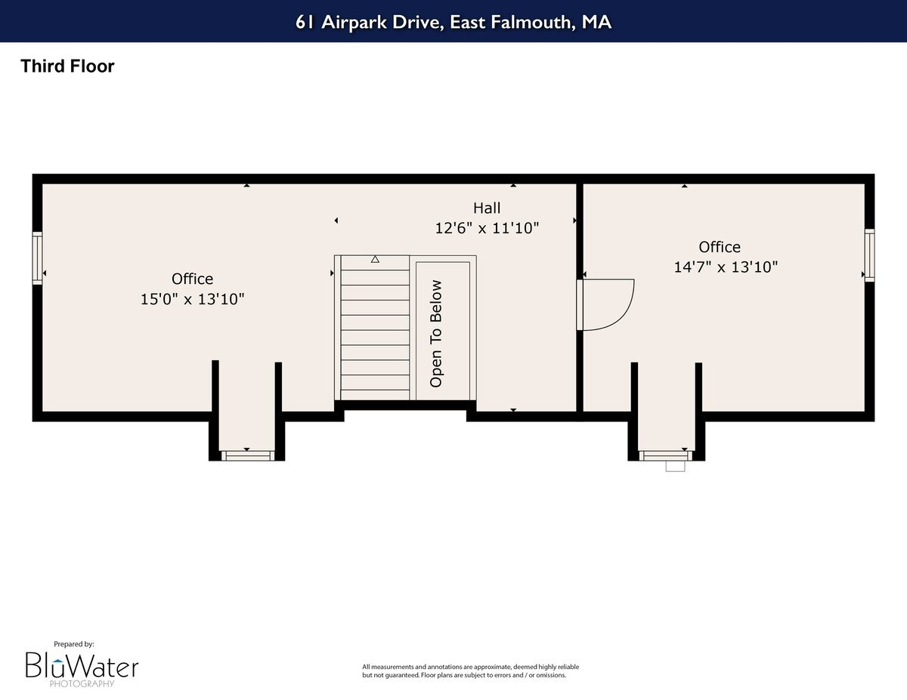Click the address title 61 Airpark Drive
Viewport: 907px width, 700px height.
click(x=453, y=22)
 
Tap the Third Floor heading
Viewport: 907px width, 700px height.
click(x=67, y=66)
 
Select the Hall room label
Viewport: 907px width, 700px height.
click(x=487, y=208)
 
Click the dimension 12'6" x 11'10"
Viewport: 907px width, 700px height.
click(x=487, y=227)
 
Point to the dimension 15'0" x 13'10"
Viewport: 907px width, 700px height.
click(x=192, y=299)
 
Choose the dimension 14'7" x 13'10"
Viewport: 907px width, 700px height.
click(x=725, y=267)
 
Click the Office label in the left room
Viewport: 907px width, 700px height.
click(x=192, y=279)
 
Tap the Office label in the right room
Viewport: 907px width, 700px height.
click(x=719, y=247)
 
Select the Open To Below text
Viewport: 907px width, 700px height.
click(x=436, y=333)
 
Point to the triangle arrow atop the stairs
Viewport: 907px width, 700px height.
click(x=375, y=260)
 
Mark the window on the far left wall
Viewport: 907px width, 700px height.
click(x=37, y=258)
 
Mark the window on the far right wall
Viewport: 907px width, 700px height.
click(x=869, y=255)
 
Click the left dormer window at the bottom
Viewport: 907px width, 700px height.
click(x=246, y=455)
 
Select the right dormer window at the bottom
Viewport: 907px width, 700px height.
click(x=665, y=455)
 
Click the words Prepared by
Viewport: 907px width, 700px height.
click(x=73, y=644)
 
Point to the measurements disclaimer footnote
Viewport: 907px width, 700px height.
click(x=470, y=671)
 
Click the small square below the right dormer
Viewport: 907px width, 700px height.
click(x=675, y=467)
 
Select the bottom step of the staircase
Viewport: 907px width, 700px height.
click(x=375, y=394)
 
